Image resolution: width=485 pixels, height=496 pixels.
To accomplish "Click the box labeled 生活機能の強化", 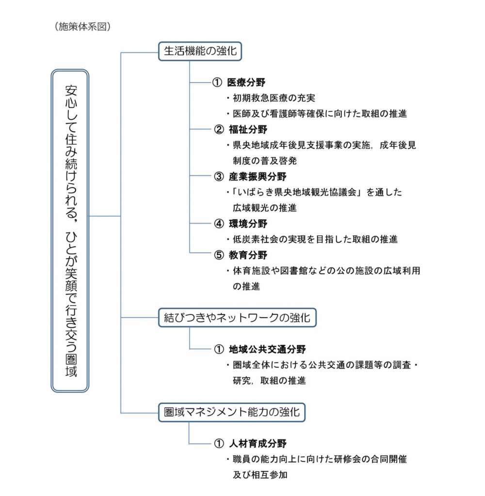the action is (200, 51).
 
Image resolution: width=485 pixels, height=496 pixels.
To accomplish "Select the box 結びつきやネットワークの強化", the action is (237, 318).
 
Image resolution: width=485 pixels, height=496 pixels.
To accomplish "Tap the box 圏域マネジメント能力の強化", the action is (231, 412).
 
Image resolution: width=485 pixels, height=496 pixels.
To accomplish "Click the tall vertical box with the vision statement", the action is (70, 231).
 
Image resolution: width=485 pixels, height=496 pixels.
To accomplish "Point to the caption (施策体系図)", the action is (82, 27).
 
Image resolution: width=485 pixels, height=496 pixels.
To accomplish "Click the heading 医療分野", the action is (246, 82).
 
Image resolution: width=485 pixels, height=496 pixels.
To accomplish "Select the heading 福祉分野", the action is (248, 129).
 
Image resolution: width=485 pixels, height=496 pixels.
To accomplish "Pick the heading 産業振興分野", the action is (258, 176).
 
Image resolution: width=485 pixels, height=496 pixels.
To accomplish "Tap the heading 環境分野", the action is (248, 224).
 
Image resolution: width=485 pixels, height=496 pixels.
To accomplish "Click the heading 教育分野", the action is (248, 255).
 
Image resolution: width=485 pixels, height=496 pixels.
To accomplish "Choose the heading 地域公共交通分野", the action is (267, 349).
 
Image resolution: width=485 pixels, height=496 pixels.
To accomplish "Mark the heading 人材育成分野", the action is (258, 444).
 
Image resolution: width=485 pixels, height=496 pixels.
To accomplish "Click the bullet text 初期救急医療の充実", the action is (274, 98).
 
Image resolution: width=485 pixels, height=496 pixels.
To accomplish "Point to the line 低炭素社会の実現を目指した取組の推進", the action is (315, 239).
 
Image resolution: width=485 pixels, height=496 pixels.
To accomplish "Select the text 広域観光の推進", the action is (265, 208).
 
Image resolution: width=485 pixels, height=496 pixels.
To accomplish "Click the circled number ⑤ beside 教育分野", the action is (219, 255).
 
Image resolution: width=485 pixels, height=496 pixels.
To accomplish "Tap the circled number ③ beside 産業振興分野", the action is (219, 176).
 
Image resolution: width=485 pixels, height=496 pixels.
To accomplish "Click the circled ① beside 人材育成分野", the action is (219, 444).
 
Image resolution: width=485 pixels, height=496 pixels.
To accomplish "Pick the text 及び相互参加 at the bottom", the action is (260, 475).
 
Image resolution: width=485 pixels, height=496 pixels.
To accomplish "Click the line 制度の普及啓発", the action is (265, 161).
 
